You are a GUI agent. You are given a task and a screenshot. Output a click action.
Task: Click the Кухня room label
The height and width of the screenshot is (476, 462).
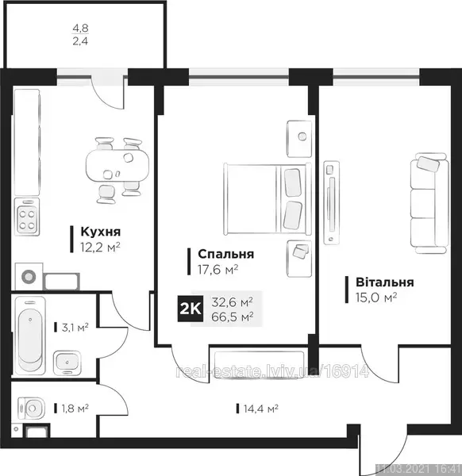tap(101, 232)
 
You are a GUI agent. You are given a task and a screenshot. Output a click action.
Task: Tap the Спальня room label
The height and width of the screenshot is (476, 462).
tap(226, 254)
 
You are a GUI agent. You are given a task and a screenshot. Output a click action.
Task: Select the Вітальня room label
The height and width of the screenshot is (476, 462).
tap(385, 282)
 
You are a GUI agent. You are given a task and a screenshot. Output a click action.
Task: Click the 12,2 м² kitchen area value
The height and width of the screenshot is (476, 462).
tap(101, 247)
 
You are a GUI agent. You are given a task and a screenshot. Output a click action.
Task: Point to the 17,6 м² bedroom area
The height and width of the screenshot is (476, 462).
tap(218, 269)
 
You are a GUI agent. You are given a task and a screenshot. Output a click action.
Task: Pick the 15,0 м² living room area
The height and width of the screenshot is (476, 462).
tap(376, 297)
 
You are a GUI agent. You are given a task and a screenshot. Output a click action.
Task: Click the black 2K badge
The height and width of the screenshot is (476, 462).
tap(191, 309)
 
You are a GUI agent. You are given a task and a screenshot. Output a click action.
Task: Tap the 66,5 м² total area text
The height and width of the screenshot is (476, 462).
tap(233, 317)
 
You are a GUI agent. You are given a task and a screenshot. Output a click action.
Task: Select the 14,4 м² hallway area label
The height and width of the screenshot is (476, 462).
tap(261, 409)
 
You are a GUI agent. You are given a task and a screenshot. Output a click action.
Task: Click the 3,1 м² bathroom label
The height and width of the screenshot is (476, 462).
tap(75, 327)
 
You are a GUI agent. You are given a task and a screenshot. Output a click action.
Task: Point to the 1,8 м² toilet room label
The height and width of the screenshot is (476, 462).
tap(75, 409)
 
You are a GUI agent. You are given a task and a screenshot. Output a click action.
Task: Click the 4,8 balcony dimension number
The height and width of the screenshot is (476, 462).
tap(80, 29)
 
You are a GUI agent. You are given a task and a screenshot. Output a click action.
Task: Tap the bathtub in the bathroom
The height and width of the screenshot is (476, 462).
tap(29, 335)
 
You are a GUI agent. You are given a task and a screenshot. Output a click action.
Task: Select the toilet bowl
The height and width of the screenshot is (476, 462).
tap(31, 409)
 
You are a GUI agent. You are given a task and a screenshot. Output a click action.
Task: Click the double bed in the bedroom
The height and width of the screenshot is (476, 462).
tap(268, 199)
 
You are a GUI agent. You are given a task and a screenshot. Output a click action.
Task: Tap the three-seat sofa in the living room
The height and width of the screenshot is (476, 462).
tap(429, 203)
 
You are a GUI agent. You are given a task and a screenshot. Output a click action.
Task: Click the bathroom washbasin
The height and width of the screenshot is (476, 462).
tap(67, 363)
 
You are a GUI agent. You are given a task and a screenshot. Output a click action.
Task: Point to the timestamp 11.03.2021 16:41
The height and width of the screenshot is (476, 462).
tap(419, 470)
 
